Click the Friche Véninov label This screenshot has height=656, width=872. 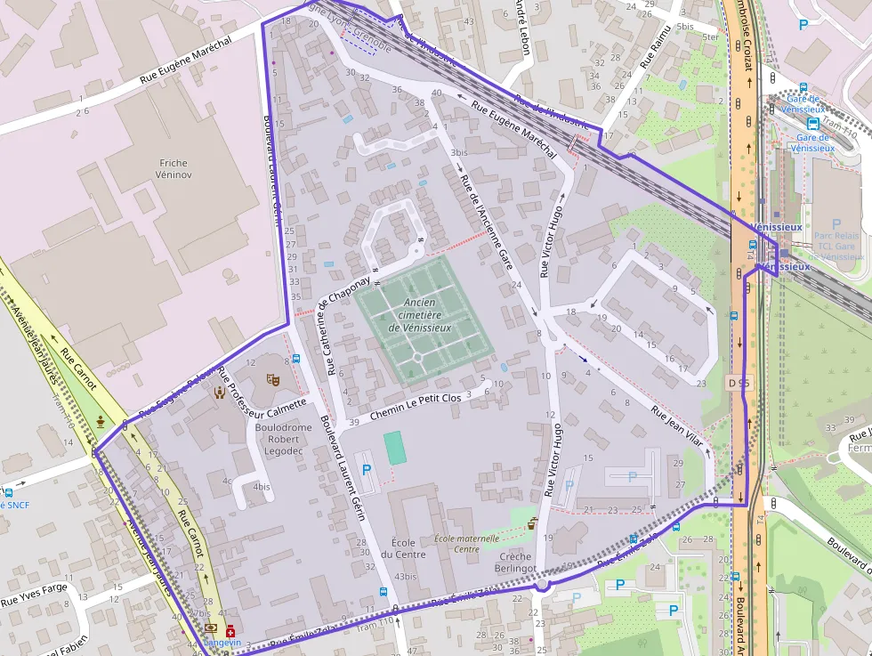pyautogui.click(x=174, y=170)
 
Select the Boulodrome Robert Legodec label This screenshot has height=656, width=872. pyautogui.click(x=284, y=439)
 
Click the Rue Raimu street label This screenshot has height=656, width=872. pyautogui.click(x=654, y=49)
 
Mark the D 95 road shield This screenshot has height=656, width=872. pyautogui.click(x=738, y=383)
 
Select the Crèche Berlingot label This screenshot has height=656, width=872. pyautogui.click(x=516, y=561)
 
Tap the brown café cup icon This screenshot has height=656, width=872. pyautogui.click(x=533, y=522)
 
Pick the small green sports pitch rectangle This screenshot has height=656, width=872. pyautogui.click(x=395, y=448)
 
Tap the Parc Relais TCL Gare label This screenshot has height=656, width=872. pyautogui.click(x=835, y=240)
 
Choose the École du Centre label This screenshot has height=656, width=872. pyautogui.click(x=408, y=548)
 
